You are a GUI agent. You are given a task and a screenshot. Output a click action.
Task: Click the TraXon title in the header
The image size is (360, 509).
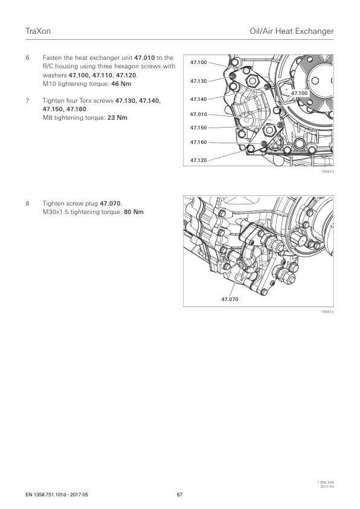coord(38,31)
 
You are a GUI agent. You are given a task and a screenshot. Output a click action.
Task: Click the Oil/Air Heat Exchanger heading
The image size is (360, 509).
coord(292,31)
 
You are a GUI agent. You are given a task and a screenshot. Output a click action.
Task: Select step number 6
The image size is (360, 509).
coord(28,58)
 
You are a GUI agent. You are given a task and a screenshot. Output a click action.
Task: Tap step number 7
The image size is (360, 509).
coord(28,100)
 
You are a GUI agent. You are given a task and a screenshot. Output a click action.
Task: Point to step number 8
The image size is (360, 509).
coord(28,204)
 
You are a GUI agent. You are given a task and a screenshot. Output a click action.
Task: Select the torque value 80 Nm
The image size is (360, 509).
coord(133,212)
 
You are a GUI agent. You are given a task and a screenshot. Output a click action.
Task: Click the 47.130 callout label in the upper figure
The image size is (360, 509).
coord(199,81)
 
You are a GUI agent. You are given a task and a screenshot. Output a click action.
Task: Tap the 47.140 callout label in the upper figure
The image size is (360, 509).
coord(199,99)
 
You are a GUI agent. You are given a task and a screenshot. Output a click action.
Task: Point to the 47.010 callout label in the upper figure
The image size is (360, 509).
coord(199,114)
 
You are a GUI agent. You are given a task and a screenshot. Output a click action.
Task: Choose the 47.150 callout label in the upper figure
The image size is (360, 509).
coord(199,128)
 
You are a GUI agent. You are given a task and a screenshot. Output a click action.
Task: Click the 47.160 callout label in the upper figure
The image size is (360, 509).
coord(199,142)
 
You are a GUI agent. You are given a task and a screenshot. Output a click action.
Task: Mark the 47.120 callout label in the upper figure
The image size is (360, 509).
coord(199,160)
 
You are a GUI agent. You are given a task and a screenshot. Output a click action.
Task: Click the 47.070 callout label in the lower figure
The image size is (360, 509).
coord(230,299)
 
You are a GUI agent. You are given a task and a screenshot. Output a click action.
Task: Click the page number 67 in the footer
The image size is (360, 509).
coord(179,494)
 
